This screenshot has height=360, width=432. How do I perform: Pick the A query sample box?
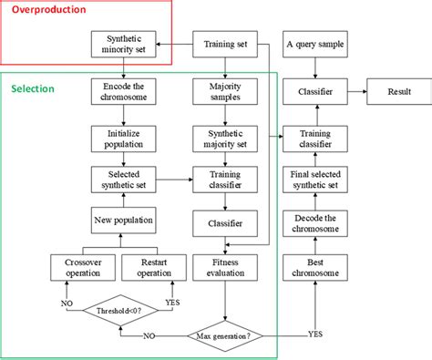pyautogui.click(x=314, y=44)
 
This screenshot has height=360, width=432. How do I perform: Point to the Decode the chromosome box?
pyautogui.click(x=314, y=221)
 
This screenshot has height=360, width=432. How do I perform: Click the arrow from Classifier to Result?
pyautogui.click(x=355, y=91)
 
